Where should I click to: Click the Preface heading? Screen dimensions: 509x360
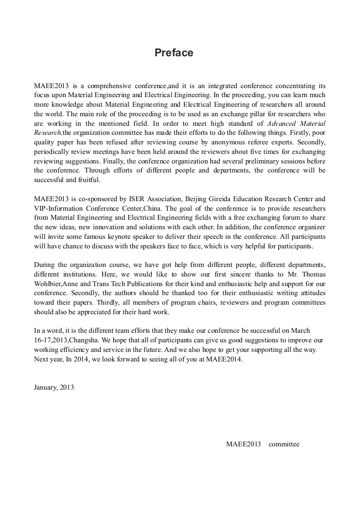pyautogui.click(x=174, y=53)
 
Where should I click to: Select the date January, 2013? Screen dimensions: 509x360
pyautogui.click(x=54, y=387)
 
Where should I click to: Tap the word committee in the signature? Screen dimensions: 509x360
pyautogui.click(x=284, y=444)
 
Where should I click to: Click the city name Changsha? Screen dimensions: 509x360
pyautogui.click(x=84, y=340)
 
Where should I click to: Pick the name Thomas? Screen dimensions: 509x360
pyautogui.click(x=314, y=274)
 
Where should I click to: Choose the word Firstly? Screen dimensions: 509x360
pyautogui.click(x=298, y=133)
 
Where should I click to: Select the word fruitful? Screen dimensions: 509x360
pyautogui.click(x=88, y=180)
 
